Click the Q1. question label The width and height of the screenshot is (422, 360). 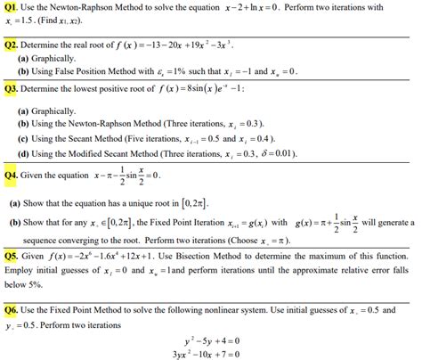[12, 8]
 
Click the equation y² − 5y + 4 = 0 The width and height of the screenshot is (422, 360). [211, 339]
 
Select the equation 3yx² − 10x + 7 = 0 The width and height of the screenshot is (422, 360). [211, 353]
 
